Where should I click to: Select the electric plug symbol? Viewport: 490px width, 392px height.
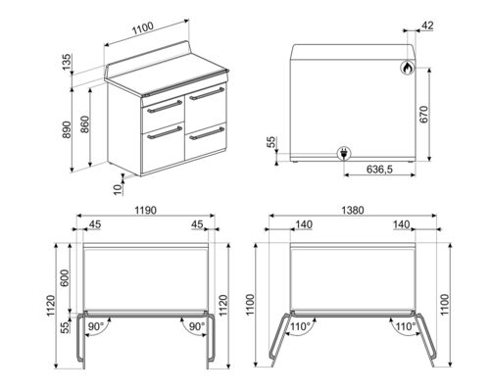coord(345,152)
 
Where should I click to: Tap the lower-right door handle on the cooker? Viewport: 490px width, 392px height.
coord(208,134)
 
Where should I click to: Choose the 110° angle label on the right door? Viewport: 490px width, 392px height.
coord(402,326)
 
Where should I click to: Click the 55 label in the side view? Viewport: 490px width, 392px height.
coord(271,143)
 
